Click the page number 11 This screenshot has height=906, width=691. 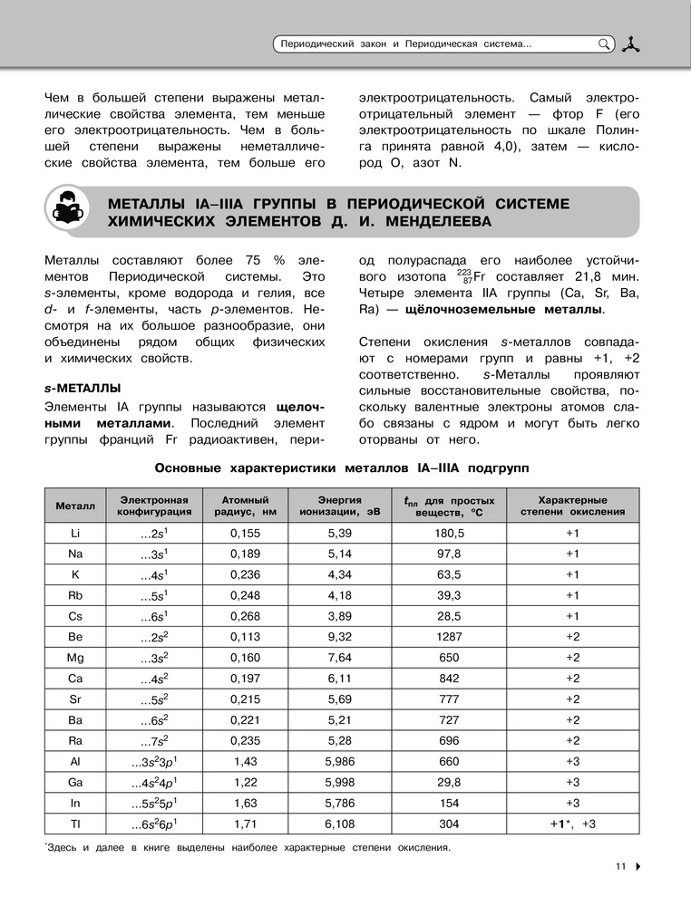pos(620,866)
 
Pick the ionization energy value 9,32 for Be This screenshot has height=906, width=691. pos(339,637)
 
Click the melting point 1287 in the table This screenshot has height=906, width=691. pos(449,637)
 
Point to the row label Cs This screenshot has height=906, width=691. pos(75,616)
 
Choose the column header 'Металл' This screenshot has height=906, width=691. pos(75,505)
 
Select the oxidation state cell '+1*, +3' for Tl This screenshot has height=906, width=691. pos(572,824)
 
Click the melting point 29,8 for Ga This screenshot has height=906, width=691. pos(449,783)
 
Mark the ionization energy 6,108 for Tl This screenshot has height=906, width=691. pos(339,824)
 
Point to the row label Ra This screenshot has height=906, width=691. pos(75,741)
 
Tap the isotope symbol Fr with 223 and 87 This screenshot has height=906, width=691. pos(472,275)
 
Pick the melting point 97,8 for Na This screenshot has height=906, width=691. pos(449,554)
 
